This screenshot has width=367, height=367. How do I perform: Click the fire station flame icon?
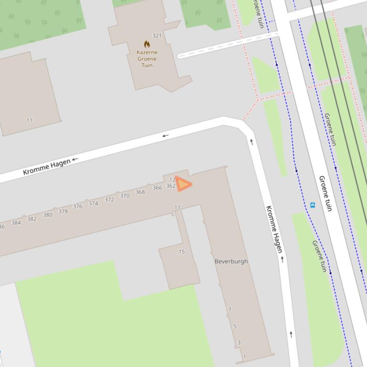point(147,44)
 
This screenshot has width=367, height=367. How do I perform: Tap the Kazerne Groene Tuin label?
point(147,59)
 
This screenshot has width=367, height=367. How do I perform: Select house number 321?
point(157,36)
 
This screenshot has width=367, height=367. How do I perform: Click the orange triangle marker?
point(183,184)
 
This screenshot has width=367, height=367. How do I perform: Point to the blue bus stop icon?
point(313,205)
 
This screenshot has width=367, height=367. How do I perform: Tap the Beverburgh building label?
point(231,261)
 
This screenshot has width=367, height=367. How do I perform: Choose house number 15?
point(181,252)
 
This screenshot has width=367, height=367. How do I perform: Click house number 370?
point(125,196)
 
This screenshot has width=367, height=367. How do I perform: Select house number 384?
point(16,223)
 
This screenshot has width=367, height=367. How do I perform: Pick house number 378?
point(63,212)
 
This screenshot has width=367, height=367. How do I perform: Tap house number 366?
point(157,188)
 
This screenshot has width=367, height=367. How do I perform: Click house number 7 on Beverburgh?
point(230,309)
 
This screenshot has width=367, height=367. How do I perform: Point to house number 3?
point(239,342)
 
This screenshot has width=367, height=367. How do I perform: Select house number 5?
point(235,326)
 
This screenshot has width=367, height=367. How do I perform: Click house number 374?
point(93,204)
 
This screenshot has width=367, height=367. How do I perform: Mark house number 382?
point(31,219)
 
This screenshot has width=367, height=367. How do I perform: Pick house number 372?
point(109,200)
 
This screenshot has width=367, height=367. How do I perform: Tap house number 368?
point(140,192)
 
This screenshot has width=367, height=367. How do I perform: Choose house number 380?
point(48,215)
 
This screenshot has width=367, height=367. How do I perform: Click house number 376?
point(77,206)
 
